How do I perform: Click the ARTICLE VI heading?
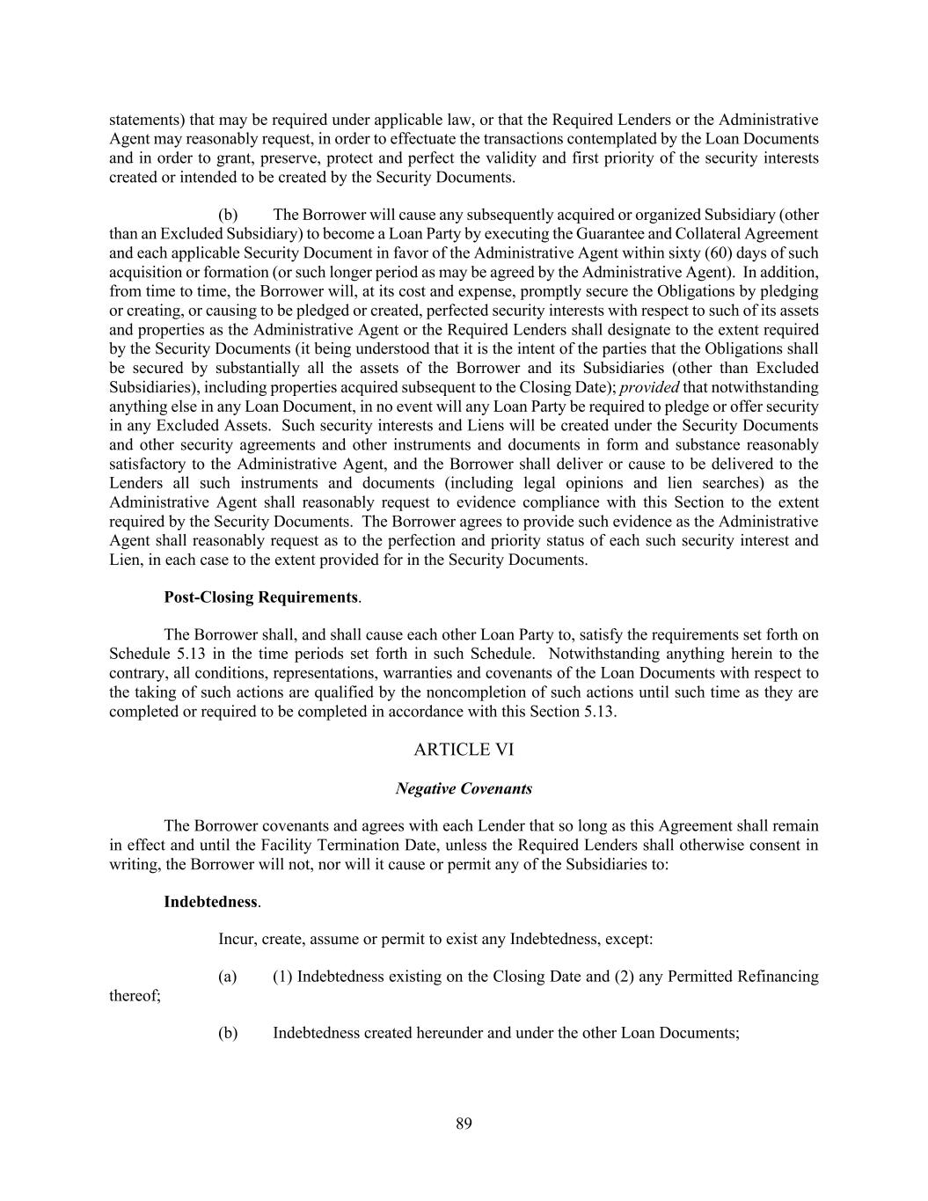[464, 750]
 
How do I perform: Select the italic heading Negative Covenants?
[464, 788]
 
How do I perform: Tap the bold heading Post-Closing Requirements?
[260, 597]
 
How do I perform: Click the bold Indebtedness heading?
[210, 902]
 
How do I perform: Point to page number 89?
[464, 1123]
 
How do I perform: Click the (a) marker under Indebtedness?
[228, 977]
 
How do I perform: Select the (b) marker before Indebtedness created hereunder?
[228, 1033]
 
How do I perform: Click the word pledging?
[790, 291]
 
